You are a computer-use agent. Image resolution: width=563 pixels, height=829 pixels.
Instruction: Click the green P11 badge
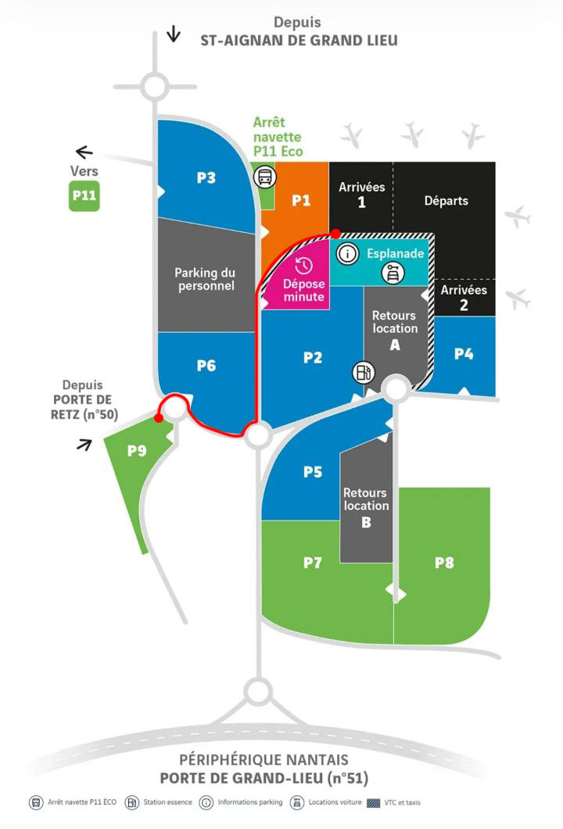(x=84, y=196)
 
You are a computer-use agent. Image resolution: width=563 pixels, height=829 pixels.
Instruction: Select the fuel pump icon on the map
(x=364, y=372)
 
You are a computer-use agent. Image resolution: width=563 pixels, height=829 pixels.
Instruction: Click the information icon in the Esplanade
(x=348, y=254)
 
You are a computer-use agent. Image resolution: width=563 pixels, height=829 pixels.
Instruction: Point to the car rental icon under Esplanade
(x=393, y=273)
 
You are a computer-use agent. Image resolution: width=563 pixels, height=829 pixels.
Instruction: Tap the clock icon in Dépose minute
(x=303, y=266)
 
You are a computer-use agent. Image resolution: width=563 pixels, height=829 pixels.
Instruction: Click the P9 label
(x=137, y=451)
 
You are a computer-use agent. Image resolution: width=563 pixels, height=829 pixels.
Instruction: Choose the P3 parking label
(x=206, y=177)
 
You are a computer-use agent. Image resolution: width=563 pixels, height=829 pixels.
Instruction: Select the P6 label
(x=206, y=366)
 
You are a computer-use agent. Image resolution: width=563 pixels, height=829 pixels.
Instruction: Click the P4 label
(x=464, y=354)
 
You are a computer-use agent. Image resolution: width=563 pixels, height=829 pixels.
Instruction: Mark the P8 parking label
(x=444, y=563)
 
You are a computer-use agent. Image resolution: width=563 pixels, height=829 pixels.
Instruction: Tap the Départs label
(x=446, y=201)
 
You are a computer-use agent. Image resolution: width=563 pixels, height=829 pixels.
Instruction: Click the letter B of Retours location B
(x=366, y=523)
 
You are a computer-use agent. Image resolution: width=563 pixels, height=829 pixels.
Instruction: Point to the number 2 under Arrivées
(x=464, y=305)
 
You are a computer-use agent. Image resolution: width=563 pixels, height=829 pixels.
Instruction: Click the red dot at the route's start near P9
(x=158, y=418)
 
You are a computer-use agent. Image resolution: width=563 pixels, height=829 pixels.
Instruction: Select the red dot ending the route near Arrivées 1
(x=336, y=233)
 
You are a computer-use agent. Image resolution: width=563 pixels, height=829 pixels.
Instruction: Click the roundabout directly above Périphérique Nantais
(x=258, y=691)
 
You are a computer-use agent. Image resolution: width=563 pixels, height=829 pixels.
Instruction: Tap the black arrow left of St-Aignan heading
(x=173, y=34)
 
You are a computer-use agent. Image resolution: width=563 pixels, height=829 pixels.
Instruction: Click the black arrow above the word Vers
(x=84, y=152)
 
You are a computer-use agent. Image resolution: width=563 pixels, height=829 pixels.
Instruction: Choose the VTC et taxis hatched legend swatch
(x=374, y=803)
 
